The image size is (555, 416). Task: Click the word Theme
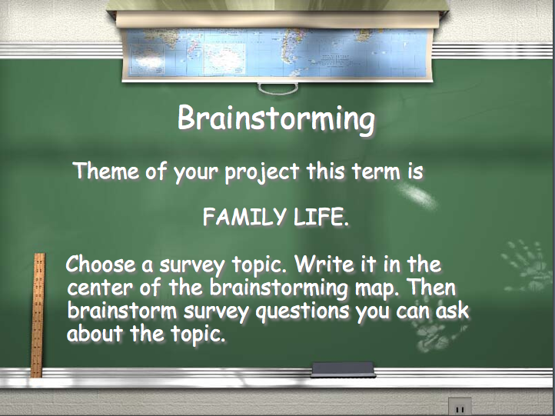pyautogui.click(x=106, y=170)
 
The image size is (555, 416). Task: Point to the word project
pyautogui.click(x=261, y=172)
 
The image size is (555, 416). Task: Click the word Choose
pyautogui.click(x=101, y=264)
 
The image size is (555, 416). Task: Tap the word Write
pyautogui.click(x=324, y=264)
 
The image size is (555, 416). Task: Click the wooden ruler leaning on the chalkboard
pyautogui.click(x=38, y=315)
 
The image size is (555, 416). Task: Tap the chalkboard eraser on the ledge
pyautogui.click(x=343, y=370)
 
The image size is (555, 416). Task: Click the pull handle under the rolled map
pyautogui.click(x=277, y=88)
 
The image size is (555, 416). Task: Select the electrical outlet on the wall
pyautogui.click(x=460, y=407)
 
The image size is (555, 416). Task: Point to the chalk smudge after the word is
pyautogui.click(x=417, y=195)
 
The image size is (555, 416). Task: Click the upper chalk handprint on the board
pyautogui.click(x=527, y=266)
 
